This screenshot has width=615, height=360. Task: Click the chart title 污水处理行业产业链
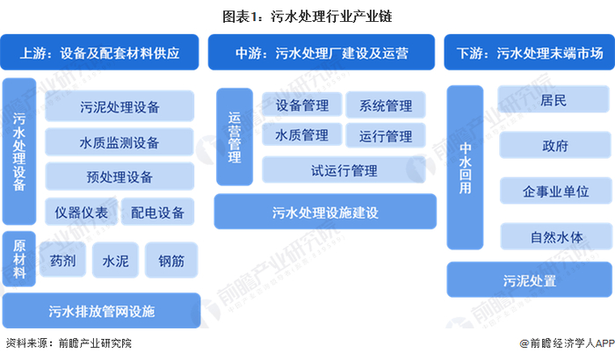[307, 14]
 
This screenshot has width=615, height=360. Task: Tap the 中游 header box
[321, 53]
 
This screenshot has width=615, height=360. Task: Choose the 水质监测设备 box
[119, 142]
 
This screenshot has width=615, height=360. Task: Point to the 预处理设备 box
[119, 177]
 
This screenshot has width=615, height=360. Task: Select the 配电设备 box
[158, 212]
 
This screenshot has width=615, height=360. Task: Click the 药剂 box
[63, 260]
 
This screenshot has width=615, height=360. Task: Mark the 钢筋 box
[171, 260]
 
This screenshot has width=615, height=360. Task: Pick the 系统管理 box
[385, 105]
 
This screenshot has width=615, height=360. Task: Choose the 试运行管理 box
[344, 169]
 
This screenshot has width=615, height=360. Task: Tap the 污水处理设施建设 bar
[325, 212]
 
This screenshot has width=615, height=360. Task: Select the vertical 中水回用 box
[467, 167]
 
